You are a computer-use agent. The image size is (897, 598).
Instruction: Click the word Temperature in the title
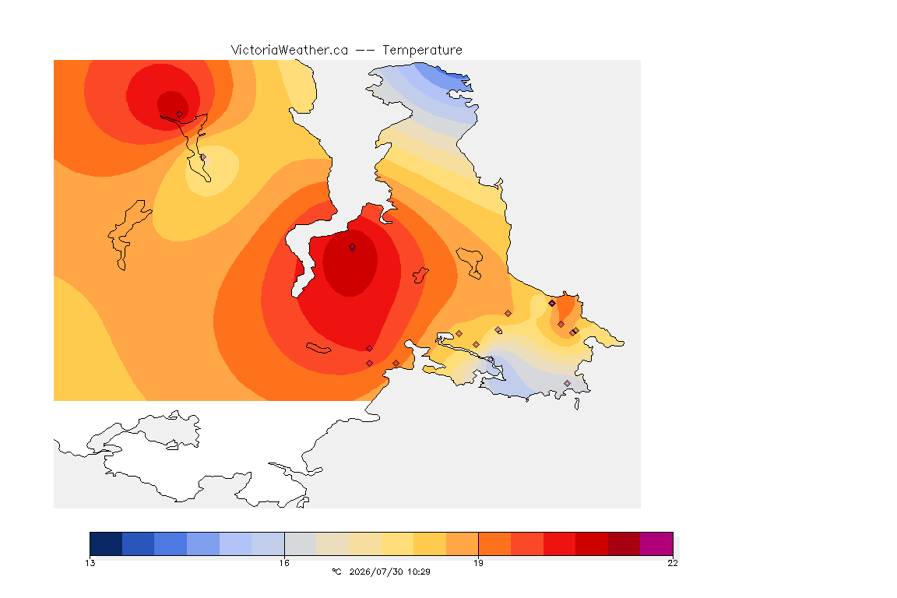pos(422,51)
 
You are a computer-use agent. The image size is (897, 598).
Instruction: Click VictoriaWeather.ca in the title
pos(290,51)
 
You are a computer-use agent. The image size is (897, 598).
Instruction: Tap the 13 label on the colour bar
pos(90,563)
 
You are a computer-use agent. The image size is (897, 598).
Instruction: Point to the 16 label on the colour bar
pos(284,563)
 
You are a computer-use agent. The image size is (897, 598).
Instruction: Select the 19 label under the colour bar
pos(478,563)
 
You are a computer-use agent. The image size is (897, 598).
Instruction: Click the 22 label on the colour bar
pos(673,563)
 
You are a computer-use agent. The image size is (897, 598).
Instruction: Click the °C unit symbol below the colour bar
pos(336,572)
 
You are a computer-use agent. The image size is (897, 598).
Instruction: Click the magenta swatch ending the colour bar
pos(656,543)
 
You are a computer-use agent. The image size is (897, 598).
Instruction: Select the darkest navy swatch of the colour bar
pos(106,543)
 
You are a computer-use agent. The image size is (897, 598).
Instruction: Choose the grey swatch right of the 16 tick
pos(301,543)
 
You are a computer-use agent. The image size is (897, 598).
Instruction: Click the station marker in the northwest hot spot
pos(180,114)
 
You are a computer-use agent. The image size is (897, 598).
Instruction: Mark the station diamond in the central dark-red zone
pos(353,247)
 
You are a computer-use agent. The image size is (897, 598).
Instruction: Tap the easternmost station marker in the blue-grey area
pos(567,383)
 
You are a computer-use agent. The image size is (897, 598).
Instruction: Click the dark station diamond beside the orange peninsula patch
pos(552,304)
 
